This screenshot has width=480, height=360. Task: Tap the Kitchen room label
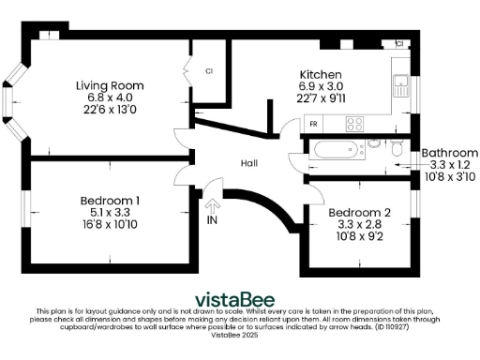point(320,75)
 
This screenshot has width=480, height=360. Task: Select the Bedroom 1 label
point(111,200)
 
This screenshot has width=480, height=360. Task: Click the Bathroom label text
point(449,153)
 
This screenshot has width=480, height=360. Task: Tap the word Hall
point(248,163)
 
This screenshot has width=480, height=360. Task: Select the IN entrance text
point(212,220)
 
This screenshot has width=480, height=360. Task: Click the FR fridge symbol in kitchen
point(313,124)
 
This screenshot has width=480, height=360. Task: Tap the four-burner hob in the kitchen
point(355,123)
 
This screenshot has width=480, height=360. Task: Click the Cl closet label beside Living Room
point(208,71)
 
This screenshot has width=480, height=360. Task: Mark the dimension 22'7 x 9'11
point(320,97)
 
